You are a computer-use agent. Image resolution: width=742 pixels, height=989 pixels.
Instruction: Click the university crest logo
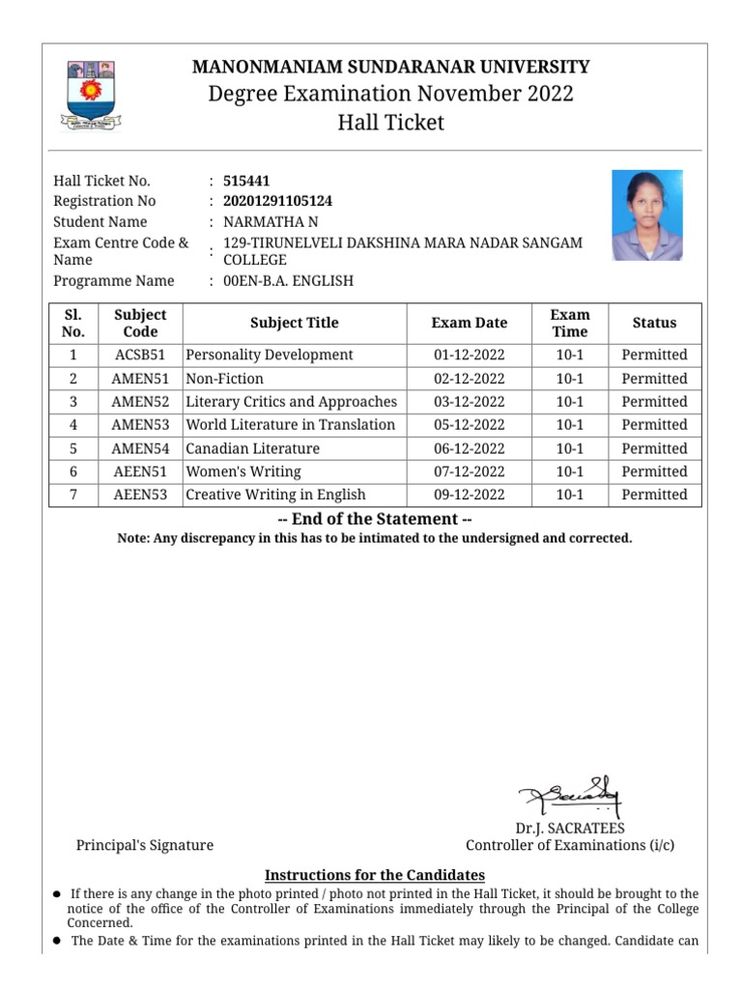click(90, 96)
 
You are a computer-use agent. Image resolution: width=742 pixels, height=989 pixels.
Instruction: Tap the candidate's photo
click(646, 214)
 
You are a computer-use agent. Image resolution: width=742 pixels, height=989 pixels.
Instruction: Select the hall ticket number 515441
click(246, 181)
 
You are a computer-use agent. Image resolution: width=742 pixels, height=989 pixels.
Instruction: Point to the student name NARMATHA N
click(270, 222)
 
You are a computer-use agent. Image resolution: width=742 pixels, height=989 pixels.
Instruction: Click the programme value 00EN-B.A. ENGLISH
click(288, 281)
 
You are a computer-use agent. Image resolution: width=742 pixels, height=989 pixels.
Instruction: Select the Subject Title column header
click(294, 323)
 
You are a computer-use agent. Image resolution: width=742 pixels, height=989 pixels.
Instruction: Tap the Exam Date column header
click(469, 323)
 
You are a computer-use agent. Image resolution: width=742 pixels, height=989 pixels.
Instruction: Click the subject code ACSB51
click(140, 354)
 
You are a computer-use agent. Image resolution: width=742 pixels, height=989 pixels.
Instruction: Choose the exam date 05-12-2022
click(469, 425)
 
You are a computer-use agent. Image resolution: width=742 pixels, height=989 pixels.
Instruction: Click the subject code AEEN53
click(140, 494)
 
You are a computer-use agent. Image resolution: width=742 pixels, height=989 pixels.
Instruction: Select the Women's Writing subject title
click(243, 471)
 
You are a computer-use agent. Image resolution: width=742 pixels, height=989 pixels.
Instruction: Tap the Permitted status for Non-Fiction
click(654, 379)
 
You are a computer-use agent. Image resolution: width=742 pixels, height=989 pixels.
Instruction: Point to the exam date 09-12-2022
click(469, 494)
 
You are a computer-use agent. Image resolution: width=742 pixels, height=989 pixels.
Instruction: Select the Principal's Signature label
click(145, 845)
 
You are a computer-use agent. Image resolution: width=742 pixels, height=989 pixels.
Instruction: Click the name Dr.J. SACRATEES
click(570, 828)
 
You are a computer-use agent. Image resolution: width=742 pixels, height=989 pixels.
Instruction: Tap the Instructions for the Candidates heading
click(375, 875)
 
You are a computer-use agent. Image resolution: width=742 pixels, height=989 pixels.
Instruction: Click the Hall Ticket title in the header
click(390, 123)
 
